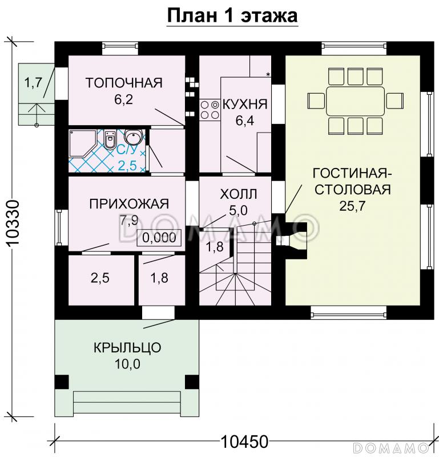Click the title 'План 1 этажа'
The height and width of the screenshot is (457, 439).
232,16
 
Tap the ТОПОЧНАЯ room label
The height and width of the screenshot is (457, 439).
124,83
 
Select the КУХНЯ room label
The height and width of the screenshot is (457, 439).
245,104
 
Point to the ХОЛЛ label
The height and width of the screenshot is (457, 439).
238,194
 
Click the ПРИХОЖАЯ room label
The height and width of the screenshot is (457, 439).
129,204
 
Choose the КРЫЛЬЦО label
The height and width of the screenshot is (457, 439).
127,348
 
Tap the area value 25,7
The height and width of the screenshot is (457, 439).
352,206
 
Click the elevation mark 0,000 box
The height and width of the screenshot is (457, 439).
159,238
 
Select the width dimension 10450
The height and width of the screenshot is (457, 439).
244,442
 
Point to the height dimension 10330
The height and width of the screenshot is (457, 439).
13,223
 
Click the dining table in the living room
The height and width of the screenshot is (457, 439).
355,101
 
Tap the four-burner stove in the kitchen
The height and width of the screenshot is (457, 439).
209,110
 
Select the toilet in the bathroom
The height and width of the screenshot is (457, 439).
110,139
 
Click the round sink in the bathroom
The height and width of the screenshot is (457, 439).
134,136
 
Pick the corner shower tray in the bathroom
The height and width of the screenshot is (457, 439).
83,143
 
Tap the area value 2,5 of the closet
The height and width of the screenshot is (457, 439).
100,278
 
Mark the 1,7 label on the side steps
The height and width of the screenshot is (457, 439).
33,83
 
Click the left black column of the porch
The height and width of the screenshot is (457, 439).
62,382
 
